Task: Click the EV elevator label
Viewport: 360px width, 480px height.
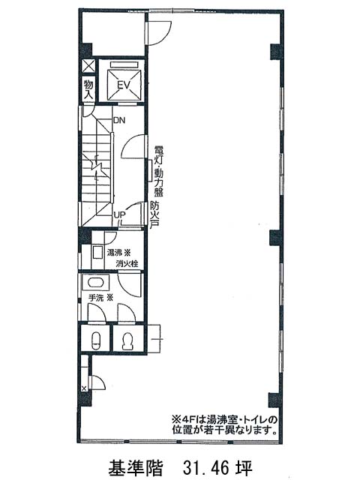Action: pos(124,85)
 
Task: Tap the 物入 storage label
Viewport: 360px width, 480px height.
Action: pos(88,89)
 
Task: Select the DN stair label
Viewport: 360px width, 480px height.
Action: pos(119,120)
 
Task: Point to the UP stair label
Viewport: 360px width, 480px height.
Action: pos(120,215)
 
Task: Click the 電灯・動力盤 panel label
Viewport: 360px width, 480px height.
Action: pos(159,171)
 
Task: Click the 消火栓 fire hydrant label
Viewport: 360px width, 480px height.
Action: pos(127,263)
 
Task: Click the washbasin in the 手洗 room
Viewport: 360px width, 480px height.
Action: pos(95,282)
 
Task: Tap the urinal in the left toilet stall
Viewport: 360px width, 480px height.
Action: pos(96,340)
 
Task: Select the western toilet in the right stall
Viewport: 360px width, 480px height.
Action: pos(127,340)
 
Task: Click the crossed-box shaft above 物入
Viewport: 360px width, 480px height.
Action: pos(88,66)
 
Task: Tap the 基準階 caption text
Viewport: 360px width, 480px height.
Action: pos(135,468)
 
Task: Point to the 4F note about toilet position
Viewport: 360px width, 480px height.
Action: pos(224,424)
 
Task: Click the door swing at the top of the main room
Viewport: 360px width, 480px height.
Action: pos(158,33)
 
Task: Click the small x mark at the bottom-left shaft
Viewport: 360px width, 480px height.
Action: pos(84,388)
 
